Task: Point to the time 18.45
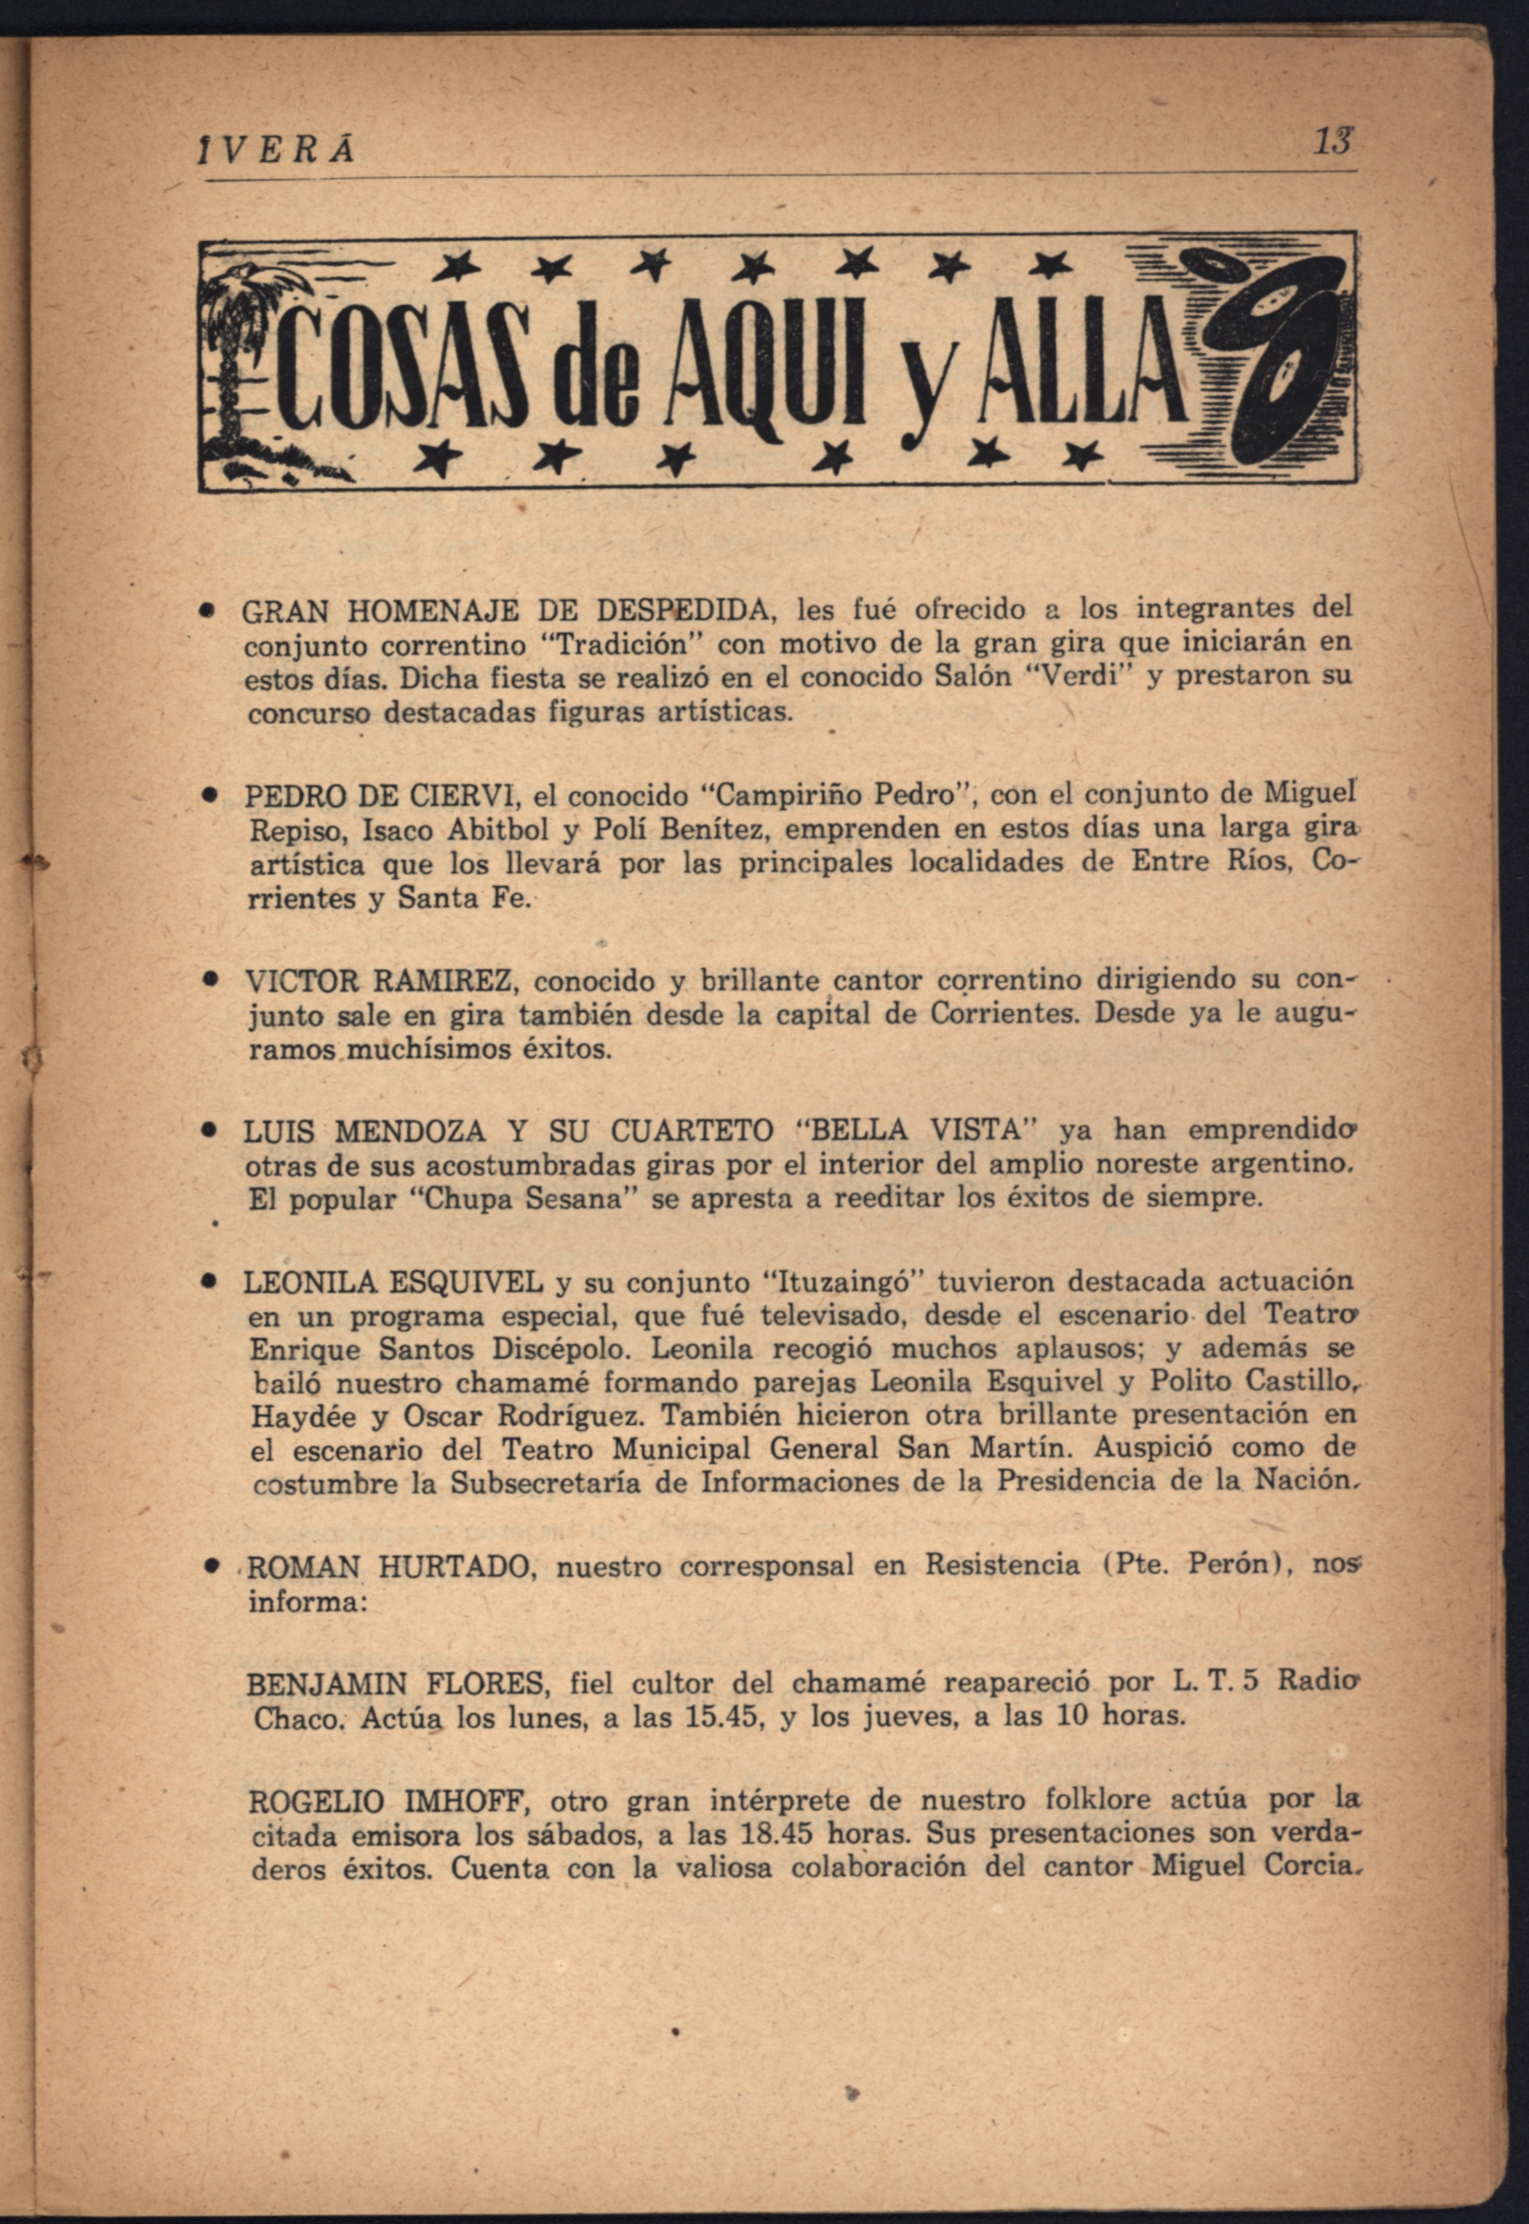click(777, 1834)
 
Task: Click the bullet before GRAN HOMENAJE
click(206, 609)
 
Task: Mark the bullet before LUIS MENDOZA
click(206, 1131)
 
